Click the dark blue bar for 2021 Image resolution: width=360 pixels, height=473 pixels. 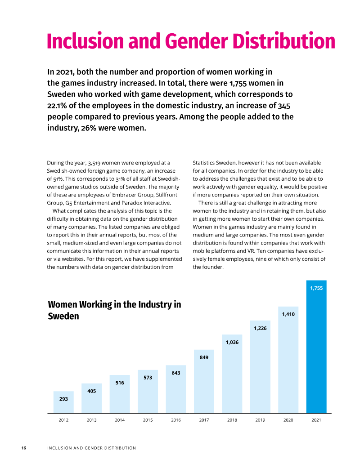[316, 347]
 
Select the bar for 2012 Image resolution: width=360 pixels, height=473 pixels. [63, 402]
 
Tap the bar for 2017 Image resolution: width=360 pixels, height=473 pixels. [204, 381]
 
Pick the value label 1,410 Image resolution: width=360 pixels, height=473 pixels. [288, 314]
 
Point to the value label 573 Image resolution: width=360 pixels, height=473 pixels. [148, 378]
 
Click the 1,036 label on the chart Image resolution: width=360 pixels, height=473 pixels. [232, 342]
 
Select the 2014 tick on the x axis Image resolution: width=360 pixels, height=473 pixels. [120, 420]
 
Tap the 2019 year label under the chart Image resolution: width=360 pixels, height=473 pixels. [260, 420]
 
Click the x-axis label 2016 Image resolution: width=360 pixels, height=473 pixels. [176, 420]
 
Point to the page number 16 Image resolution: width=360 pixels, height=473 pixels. [23, 448]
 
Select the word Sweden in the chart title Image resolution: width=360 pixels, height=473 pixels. [63, 316]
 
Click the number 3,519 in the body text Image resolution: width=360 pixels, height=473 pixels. [94, 163]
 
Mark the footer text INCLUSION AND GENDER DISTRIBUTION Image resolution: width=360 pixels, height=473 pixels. [91, 448]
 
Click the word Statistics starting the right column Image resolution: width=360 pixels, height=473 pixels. [204, 163]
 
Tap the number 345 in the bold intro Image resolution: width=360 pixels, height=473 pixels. [284, 106]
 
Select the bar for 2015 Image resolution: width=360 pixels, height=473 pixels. [148, 392]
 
